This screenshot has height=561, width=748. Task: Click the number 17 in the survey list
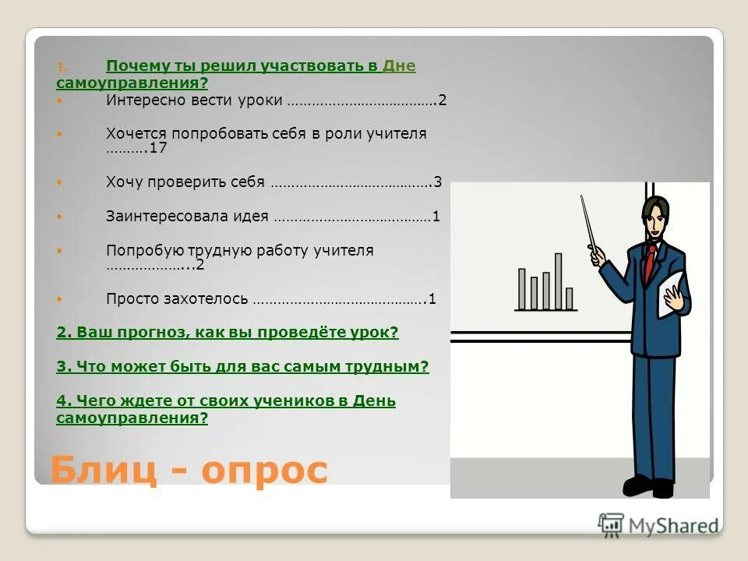159,148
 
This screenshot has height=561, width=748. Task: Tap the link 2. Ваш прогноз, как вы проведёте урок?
227,333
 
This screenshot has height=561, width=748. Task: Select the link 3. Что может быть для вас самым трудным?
242,366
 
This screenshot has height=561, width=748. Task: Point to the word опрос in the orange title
265,471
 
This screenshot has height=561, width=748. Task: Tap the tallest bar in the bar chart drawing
558,280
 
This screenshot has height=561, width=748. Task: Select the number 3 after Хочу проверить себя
438,182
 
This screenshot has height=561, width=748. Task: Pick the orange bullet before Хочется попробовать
62,134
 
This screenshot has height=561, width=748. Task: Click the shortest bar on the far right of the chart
570,298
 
